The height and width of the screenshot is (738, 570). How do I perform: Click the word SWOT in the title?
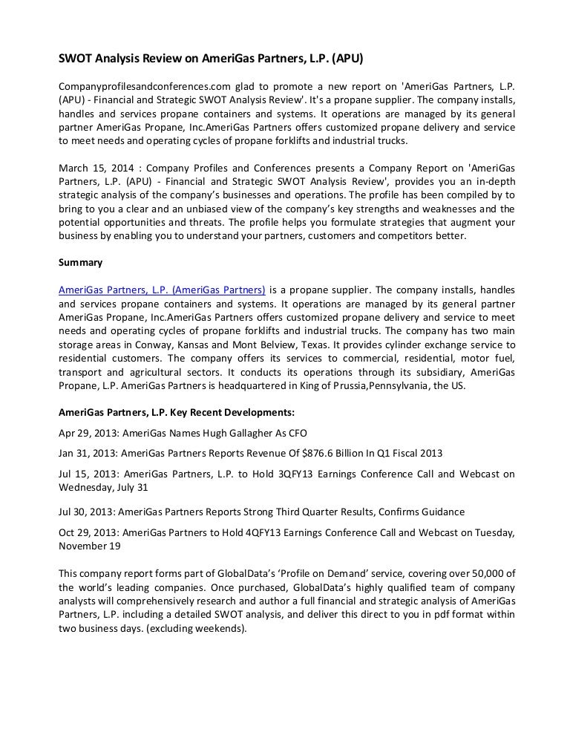pos(76,57)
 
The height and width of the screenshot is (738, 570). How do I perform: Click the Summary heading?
pos(80,262)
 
